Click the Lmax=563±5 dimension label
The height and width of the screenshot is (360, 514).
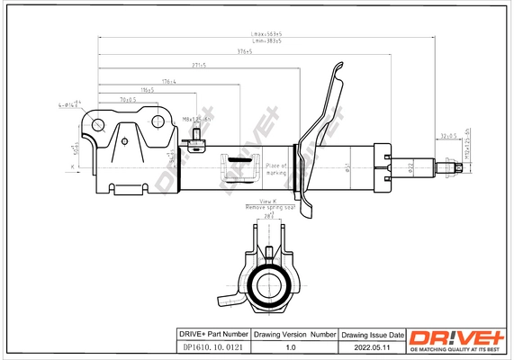click(x=266, y=33)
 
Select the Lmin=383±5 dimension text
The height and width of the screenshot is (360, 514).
click(x=266, y=41)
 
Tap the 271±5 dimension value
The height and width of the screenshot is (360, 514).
click(x=198, y=66)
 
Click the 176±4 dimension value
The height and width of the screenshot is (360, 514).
click(x=167, y=81)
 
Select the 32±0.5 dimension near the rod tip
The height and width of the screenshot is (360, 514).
click(x=447, y=136)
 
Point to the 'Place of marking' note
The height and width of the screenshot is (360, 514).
click(x=275, y=168)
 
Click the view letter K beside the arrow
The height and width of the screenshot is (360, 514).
click(x=71, y=167)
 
